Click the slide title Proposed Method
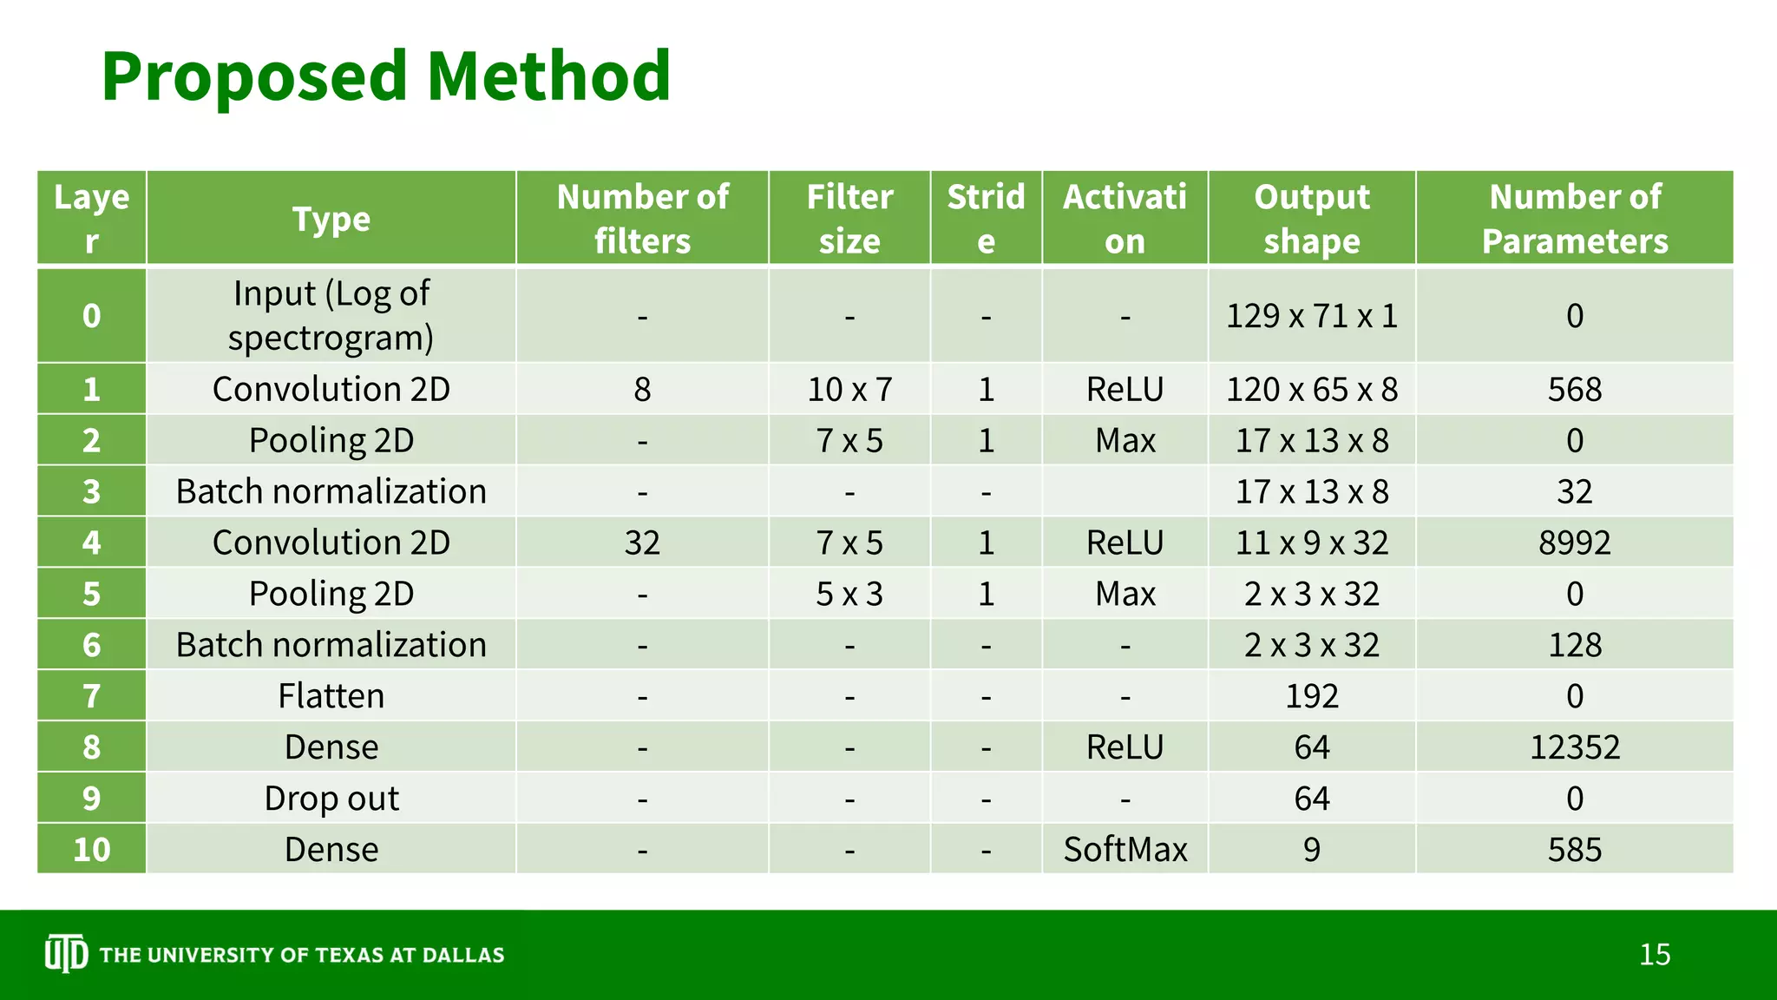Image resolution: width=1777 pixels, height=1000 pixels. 386,76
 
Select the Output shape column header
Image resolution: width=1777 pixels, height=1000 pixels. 1311,219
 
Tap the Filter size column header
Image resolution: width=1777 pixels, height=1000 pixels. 849,219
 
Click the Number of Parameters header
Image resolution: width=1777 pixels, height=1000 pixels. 1574,219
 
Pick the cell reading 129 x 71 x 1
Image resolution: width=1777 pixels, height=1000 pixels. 1311,316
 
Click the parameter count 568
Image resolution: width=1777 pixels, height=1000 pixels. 1574,389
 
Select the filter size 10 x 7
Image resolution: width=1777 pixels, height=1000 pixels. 849,389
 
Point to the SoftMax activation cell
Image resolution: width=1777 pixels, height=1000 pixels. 1125,849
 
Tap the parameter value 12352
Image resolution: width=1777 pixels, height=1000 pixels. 1574,747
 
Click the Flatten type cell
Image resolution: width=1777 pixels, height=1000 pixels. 331,696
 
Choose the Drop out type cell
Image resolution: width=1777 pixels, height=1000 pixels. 331,799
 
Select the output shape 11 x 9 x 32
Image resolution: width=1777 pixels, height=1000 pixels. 1311,543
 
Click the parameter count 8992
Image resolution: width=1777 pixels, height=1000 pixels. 1574,543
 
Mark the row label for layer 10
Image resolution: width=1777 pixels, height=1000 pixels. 91,849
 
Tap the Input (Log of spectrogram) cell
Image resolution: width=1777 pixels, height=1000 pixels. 331,316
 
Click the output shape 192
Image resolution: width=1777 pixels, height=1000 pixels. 1311,696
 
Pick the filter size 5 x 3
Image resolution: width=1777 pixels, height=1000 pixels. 849,594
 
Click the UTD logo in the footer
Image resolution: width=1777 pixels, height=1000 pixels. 66,954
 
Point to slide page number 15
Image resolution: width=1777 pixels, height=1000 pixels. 1654,955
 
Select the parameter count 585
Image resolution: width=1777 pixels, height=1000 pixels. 1574,849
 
